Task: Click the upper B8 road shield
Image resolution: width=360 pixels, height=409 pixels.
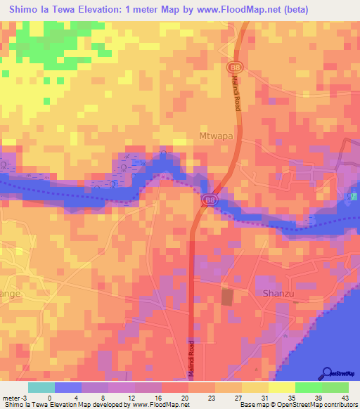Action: tap(232, 67)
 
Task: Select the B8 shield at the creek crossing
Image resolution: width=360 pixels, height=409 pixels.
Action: tap(209, 200)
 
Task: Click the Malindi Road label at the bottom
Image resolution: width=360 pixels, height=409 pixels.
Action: tap(191, 359)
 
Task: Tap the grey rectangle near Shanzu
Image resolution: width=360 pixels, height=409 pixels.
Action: tap(227, 297)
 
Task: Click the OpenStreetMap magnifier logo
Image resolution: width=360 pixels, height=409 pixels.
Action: tap(326, 372)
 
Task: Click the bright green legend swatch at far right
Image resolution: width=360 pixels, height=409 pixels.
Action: tap(335, 387)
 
